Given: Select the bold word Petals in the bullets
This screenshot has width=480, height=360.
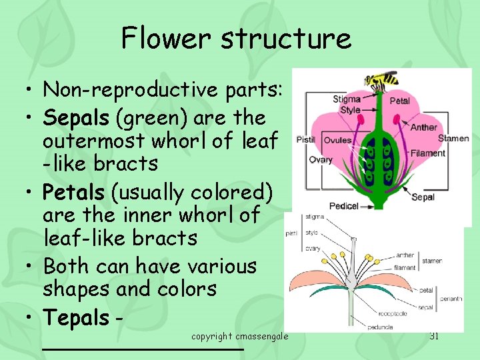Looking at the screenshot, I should pos(74,193).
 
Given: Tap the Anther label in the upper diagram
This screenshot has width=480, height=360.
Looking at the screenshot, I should pos(424,127).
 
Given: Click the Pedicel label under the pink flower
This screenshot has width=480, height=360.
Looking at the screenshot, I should pos(343,206).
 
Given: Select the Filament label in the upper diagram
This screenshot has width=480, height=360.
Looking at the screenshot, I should pos(428,153).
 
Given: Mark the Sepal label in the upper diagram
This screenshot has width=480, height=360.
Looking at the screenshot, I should pos(423,197).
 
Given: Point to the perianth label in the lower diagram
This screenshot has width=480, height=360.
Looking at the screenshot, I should pos(451,299).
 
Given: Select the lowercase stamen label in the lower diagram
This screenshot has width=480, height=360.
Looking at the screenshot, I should pos(431,261).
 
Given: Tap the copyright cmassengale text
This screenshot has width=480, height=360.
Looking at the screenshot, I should pos(239,337).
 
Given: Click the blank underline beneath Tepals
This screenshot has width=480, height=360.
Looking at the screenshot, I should pos(143,348).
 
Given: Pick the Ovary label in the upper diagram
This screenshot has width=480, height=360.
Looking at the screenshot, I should pos(321,160).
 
